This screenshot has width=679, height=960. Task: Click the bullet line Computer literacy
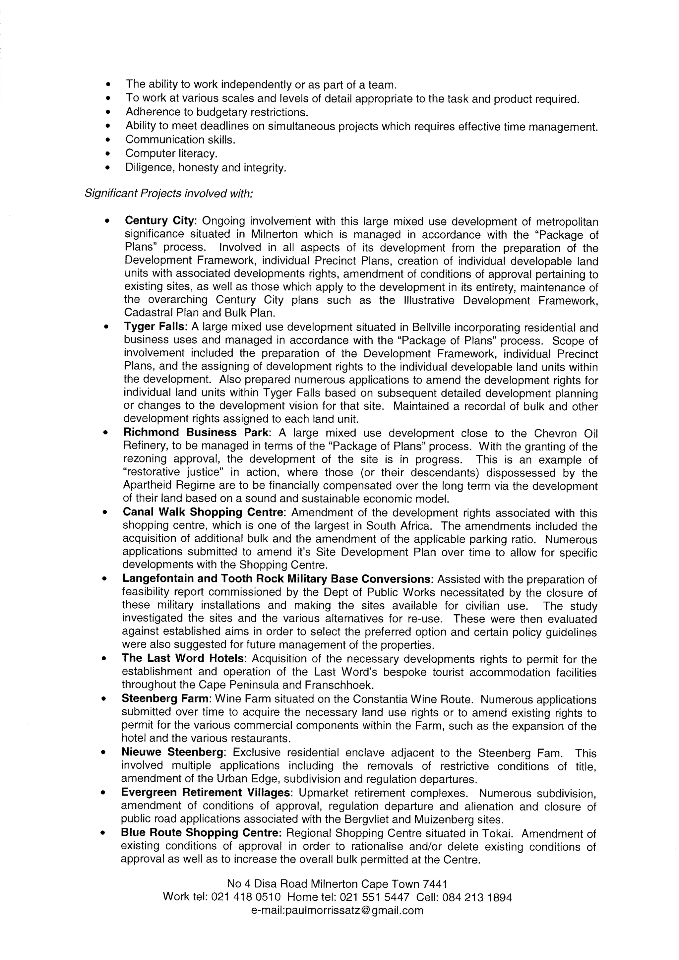click(x=171, y=153)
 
